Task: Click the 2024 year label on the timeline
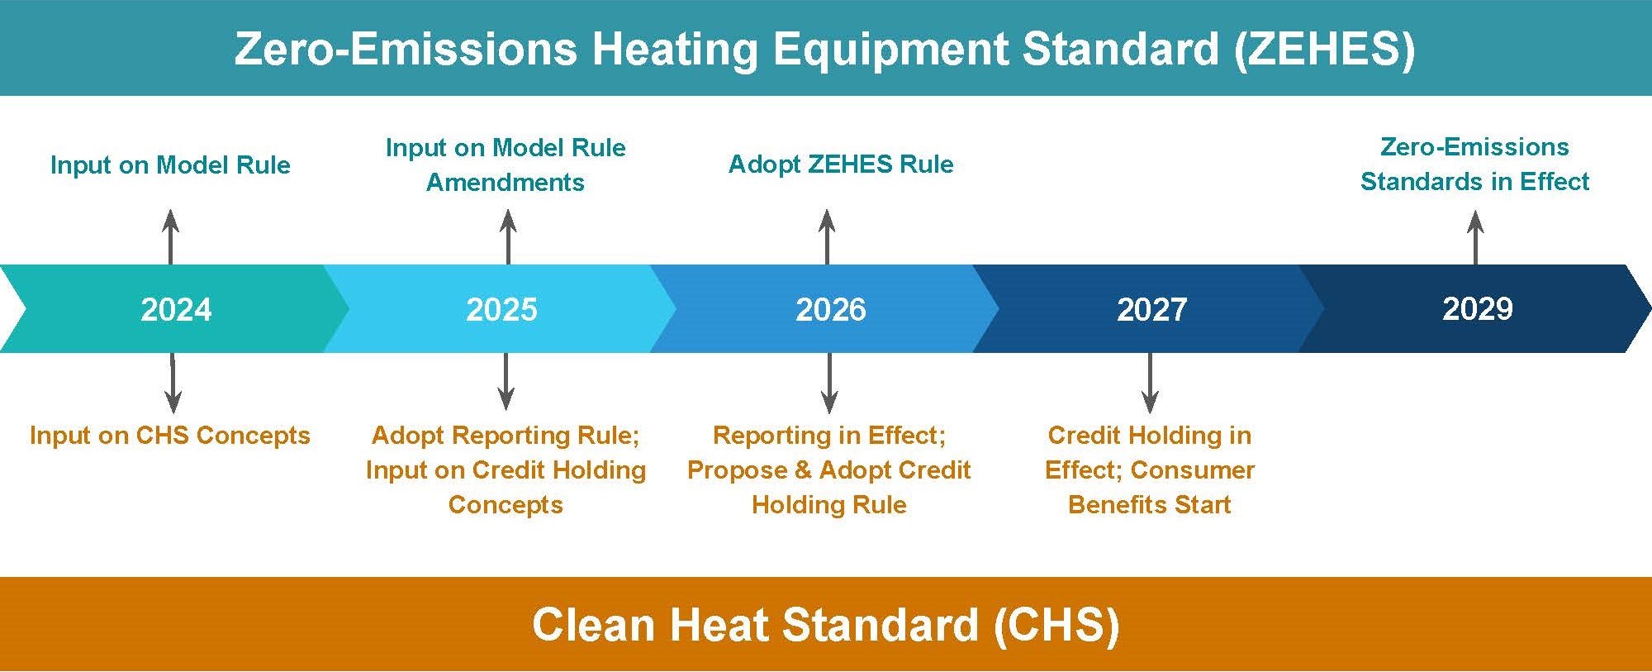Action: pos(176,309)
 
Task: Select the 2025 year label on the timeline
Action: pos(501,309)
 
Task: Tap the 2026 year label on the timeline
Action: pos(831,309)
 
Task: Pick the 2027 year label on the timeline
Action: pos(1151,309)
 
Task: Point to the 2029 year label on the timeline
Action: pos(1478,308)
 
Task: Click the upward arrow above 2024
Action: pos(171,237)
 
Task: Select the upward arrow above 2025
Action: pos(509,237)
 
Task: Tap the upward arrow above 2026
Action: pos(827,237)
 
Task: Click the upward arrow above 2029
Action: pos(1476,238)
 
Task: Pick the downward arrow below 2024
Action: pos(173,383)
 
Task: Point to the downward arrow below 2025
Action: pos(506,381)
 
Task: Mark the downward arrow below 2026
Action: pos(830,383)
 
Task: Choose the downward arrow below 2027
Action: pos(1150,383)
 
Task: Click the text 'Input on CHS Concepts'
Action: pos(169,436)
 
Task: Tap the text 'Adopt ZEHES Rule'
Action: pos(841,164)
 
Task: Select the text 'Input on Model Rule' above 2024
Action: pos(170,165)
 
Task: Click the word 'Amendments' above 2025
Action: pos(506,183)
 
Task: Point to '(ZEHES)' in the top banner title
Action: pos(1324,50)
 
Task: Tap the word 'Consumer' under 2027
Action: pos(1193,470)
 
